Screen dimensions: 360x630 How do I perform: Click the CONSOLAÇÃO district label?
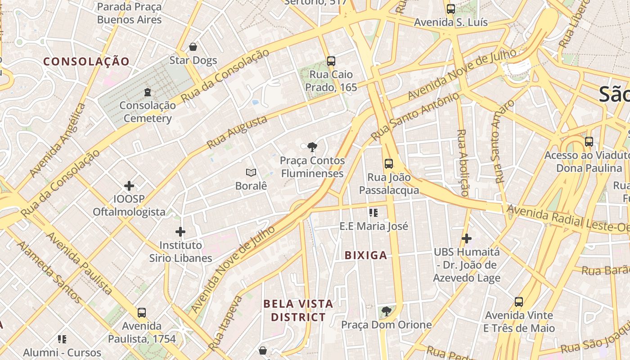point(86,62)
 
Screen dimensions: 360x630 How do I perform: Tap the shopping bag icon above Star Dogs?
point(193,47)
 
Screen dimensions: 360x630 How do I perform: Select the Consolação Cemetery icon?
point(147,93)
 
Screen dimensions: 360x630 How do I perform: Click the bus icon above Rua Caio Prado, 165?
point(331,61)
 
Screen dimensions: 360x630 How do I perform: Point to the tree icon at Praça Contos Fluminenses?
point(311,147)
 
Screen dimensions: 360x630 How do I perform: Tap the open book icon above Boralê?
point(251,172)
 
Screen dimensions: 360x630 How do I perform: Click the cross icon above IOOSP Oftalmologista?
point(129,185)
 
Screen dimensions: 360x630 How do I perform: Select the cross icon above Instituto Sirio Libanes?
point(180,232)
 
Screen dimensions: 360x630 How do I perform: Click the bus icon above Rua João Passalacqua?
point(389,164)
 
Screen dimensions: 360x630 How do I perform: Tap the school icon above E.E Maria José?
point(373,212)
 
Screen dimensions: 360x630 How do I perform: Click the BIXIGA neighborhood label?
point(366,256)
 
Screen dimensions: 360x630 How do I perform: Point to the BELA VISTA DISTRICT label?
point(298,310)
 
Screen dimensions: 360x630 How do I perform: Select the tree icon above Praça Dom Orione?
point(386,311)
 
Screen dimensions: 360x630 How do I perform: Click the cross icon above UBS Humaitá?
point(467,238)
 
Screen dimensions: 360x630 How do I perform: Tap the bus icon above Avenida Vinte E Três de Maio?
point(519,301)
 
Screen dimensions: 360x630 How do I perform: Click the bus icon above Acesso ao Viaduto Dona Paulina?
point(589,142)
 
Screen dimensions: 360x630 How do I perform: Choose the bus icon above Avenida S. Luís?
point(450,9)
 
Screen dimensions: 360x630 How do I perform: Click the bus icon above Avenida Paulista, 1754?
point(142,312)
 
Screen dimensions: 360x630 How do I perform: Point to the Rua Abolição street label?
point(463,162)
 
